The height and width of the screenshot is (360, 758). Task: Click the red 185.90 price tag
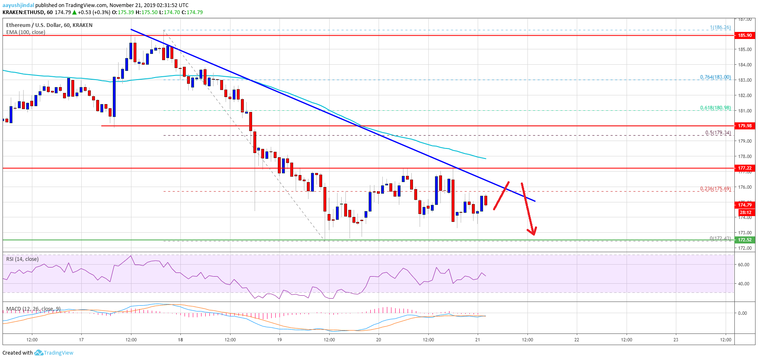coord(745,35)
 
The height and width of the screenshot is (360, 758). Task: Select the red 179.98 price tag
coord(745,126)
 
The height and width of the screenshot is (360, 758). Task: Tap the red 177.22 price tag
coord(745,168)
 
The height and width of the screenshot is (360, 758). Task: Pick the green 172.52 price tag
coord(745,240)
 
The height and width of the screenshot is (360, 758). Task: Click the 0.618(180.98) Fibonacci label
coord(715,108)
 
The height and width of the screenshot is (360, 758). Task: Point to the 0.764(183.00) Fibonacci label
coord(715,77)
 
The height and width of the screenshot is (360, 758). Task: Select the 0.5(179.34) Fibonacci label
coord(718,133)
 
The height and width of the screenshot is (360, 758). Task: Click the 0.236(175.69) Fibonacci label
coord(715,189)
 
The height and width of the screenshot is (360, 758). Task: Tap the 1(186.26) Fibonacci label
coord(720,27)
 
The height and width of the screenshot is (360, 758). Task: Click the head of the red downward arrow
coord(533,234)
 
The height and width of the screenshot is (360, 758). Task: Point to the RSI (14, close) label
coord(22,259)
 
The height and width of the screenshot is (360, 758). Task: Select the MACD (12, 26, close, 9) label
coord(33,309)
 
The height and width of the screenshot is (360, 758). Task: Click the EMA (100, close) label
coord(26,32)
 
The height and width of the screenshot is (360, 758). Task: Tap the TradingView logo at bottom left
coord(54,353)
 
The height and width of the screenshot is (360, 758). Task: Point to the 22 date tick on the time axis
coord(576,340)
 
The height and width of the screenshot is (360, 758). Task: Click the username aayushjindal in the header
coord(18,5)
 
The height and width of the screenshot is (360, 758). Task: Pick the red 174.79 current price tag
coord(745,205)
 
